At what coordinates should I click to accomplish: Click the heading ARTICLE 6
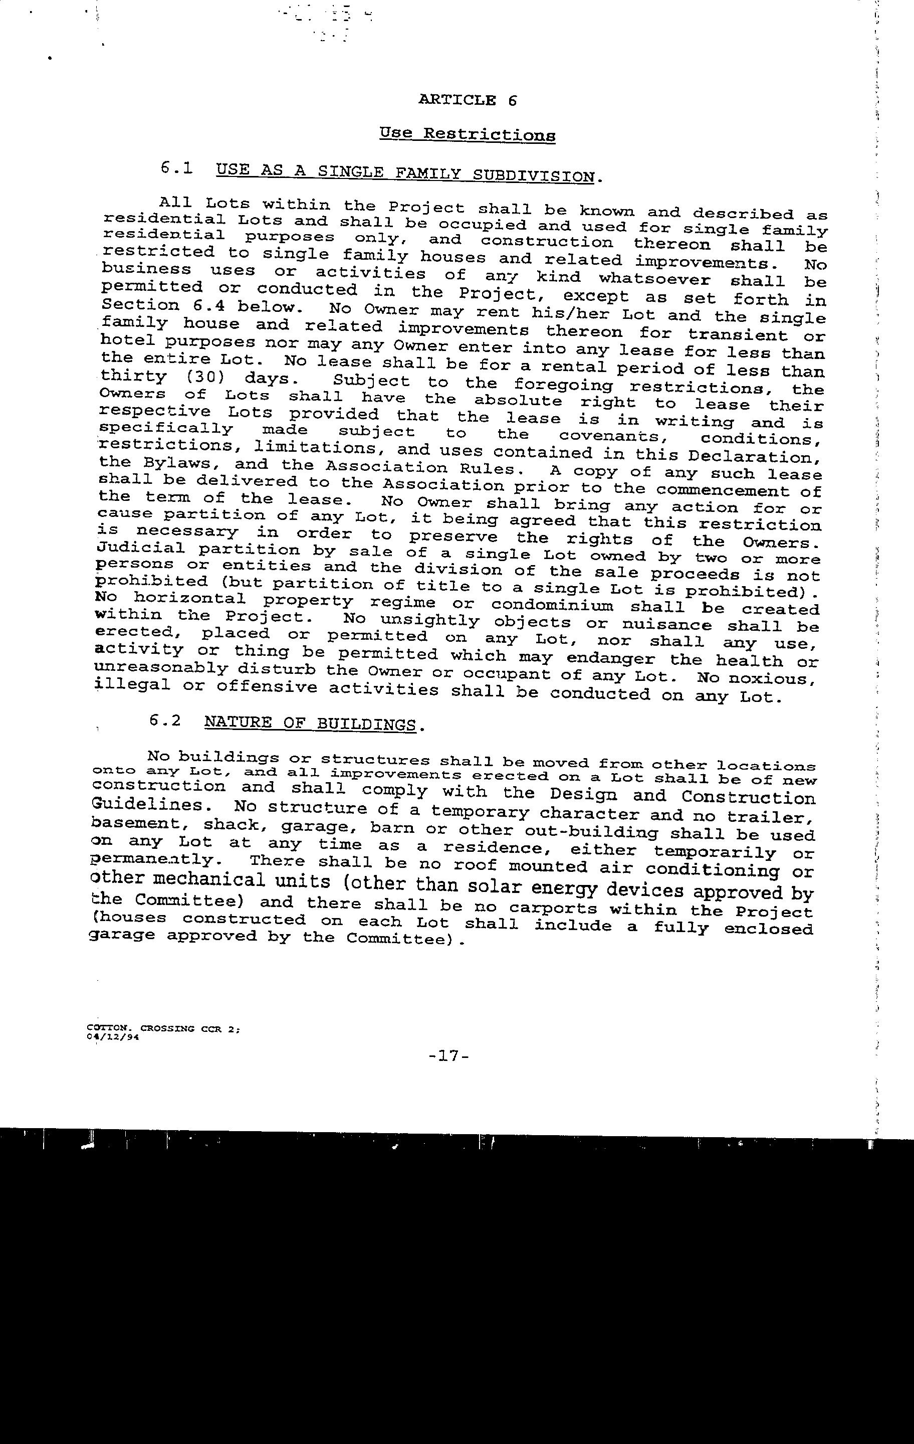click(467, 100)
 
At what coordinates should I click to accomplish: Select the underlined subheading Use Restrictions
click(467, 134)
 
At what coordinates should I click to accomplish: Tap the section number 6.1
click(177, 168)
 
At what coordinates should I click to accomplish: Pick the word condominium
click(551, 606)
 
